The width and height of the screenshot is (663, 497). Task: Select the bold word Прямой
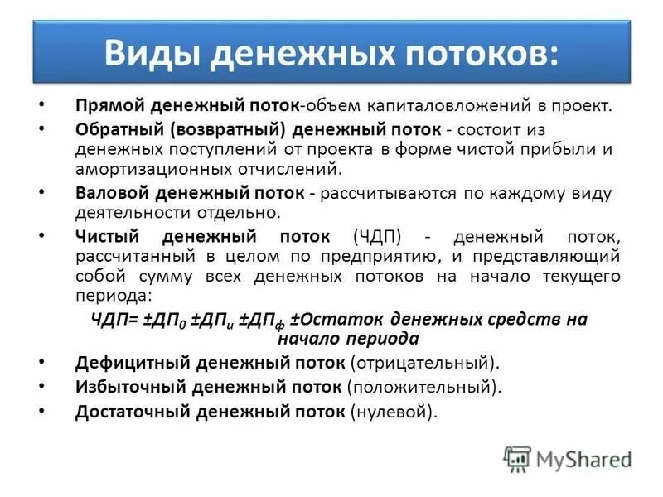(104, 107)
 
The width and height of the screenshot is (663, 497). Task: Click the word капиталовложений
(452, 107)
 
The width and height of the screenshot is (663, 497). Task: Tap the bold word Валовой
(109, 193)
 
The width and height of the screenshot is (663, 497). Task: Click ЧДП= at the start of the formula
(114, 320)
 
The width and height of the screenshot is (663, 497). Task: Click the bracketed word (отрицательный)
(425, 363)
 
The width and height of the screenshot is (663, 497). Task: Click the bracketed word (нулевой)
(394, 411)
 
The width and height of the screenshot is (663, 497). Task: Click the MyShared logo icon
(517, 459)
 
